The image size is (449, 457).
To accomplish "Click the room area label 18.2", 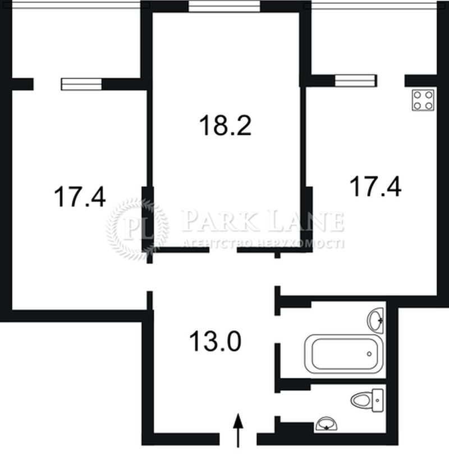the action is (x=225, y=125).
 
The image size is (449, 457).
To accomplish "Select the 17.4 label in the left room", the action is (x=80, y=197).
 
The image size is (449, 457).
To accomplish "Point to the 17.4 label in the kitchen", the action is (x=375, y=186).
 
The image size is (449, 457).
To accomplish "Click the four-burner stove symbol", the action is (x=423, y=100).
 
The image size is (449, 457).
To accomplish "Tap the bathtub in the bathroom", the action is (x=344, y=354).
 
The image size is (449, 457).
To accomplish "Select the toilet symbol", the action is (x=367, y=400).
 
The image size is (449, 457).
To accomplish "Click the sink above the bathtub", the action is (x=375, y=319).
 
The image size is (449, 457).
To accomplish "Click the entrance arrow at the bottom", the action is (x=238, y=430).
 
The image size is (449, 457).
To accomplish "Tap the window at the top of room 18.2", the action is (x=224, y=6).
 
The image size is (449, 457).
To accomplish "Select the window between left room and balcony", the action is (x=81, y=84).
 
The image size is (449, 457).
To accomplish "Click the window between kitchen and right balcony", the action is (x=355, y=81).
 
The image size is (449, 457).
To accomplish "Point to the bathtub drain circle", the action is (x=369, y=354).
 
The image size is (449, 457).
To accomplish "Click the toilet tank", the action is (x=378, y=400).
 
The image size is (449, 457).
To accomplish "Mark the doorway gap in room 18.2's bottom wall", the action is (x=223, y=250).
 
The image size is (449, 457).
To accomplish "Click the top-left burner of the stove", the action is (x=418, y=95).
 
